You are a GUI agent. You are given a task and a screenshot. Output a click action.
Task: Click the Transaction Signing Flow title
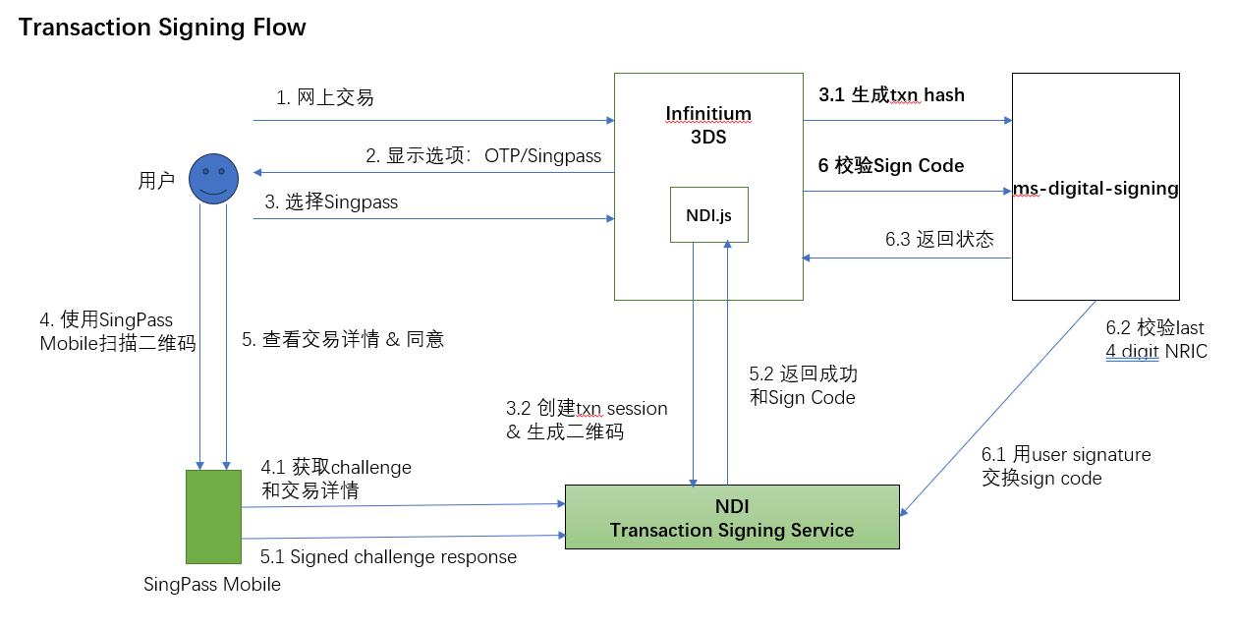pyautogui.click(x=162, y=28)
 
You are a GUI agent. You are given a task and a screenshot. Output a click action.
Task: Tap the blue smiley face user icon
pyautogui.click(x=214, y=179)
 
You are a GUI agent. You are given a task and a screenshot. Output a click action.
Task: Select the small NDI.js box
pyautogui.click(x=708, y=214)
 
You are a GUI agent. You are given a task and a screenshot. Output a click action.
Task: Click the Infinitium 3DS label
pyautogui.click(x=707, y=126)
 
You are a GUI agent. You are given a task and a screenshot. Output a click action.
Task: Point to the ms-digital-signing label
pyautogui.click(x=1096, y=188)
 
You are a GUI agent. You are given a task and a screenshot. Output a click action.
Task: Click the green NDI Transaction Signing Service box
pyautogui.click(x=731, y=517)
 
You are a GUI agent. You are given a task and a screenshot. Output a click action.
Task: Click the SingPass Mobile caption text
pyautogui.click(x=212, y=585)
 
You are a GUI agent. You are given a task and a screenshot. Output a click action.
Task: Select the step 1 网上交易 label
pyautogui.click(x=324, y=97)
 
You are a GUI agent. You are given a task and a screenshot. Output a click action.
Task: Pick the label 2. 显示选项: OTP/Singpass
pyautogui.click(x=483, y=156)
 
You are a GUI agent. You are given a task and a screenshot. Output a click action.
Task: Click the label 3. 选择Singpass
pyautogui.click(x=331, y=202)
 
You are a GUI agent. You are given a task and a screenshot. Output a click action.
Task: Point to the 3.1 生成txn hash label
pyautogui.click(x=891, y=95)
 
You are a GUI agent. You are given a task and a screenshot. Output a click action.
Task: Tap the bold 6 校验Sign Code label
pyautogui.click(x=891, y=166)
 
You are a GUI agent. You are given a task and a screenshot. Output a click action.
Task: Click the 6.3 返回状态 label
pyautogui.click(x=938, y=239)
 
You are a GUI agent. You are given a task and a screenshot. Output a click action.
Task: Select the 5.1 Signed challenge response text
pyautogui.click(x=388, y=557)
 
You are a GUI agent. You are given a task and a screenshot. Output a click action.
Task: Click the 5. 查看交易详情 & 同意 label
pyautogui.click(x=343, y=340)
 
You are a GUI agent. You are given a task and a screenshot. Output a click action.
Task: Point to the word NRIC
pyautogui.click(x=1186, y=351)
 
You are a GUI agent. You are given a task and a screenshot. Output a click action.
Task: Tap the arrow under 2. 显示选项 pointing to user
pyautogui.click(x=432, y=173)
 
